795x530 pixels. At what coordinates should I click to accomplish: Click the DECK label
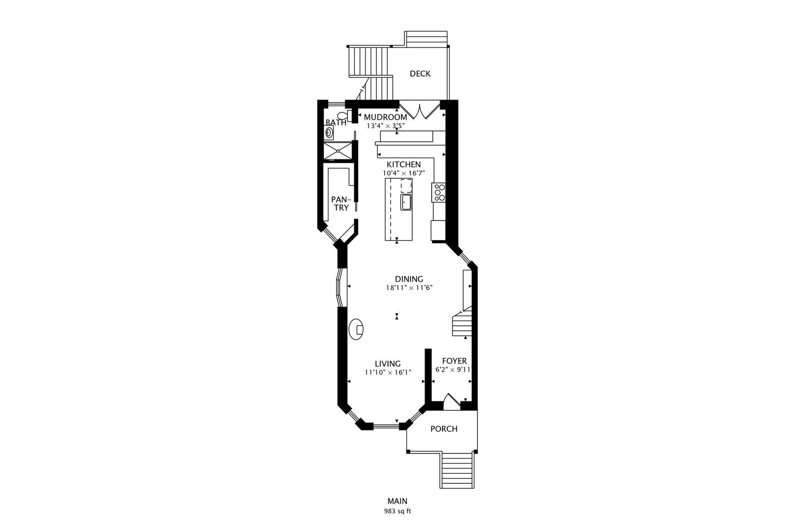tap(420, 74)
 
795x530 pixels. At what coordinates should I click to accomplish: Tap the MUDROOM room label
tap(385, 117)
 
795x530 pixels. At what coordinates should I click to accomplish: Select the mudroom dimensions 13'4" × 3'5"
tap(385, 126)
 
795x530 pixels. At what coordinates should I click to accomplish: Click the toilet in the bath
tap(344, 116)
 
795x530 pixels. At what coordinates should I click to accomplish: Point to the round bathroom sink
tap(329, 132)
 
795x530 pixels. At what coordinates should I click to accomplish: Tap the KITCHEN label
tap(403, 164)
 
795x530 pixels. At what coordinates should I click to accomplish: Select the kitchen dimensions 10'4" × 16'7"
tap(403, 173)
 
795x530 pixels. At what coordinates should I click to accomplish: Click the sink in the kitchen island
tap(405, 202)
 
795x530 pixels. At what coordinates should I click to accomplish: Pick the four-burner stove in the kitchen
tap(439, 192)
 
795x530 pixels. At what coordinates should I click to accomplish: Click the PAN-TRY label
tap(341, 204)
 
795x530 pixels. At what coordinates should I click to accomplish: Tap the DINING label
tap(409, 279)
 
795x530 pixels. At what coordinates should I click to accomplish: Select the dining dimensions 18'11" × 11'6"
tap(409, 288)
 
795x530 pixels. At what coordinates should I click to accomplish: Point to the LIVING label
tap(388, 364)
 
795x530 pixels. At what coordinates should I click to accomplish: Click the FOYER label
tap(454, 361)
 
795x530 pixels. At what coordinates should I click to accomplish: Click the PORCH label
tap(444, 429)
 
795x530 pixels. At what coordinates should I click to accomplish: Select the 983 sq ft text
tap(397, 511)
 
